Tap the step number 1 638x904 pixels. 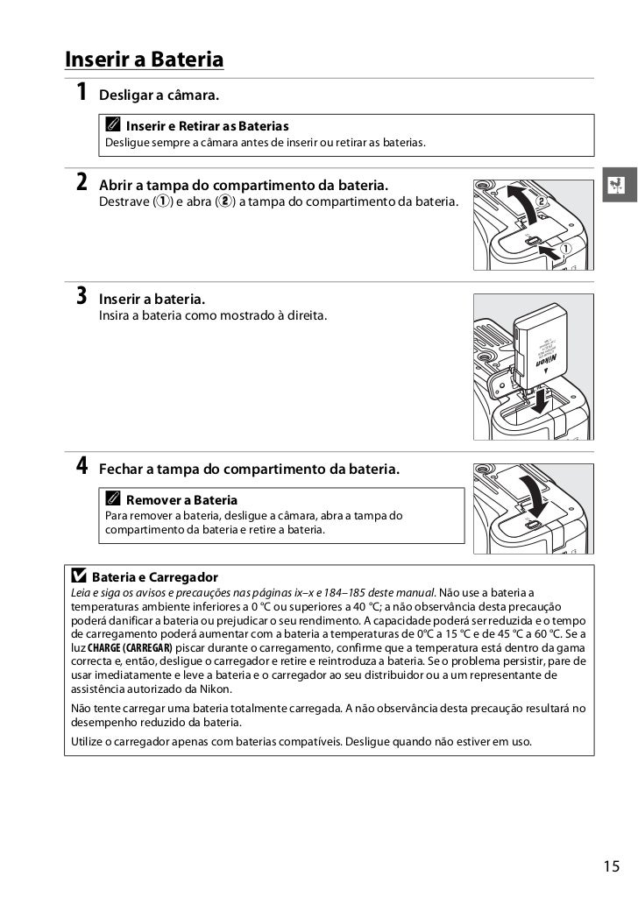click(x=81, y=92)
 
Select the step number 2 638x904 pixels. click(x=81, y=183)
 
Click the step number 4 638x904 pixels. click(x=81, y=467)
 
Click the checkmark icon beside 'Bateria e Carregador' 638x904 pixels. click(x=79, y=577)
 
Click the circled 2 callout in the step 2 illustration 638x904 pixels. click(x=553, y=201)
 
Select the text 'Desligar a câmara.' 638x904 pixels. click(x=159, y=94)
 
